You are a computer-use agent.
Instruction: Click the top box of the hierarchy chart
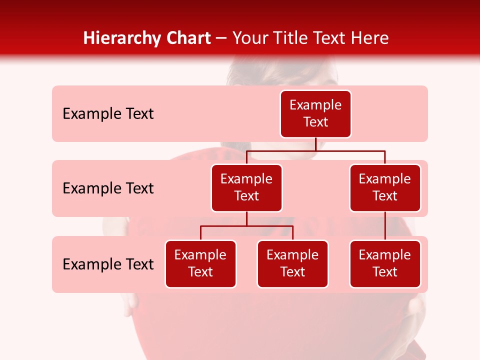(x=315, y=113)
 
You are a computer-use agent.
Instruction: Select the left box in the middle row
(x=246, y=187)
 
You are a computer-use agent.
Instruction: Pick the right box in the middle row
(x=385, y=187)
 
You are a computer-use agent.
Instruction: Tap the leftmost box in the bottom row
(x=200, y=263)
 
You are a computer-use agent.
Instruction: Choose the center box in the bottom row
(x=292, y=263)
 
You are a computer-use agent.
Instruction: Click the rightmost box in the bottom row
(x=385, y=263)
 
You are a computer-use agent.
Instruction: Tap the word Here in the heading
(x=370, y=38)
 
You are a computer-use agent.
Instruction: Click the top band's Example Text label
(x=108, y=114)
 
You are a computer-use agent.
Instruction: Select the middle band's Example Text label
(x=108, y=188)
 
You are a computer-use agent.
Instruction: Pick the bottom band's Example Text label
(x=108, y=264)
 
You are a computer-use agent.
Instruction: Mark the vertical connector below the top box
(x=315, y=144)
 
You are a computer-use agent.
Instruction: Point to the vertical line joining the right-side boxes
(x=385, y=225)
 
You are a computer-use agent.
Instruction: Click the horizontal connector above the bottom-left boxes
(x=246, y=226)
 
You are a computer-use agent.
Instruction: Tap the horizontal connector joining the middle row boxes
(x=315, y=150)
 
